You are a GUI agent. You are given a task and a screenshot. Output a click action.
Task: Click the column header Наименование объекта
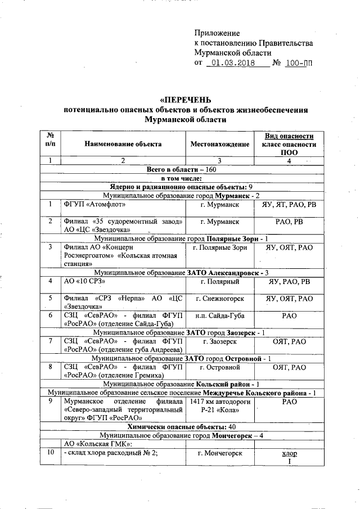123,144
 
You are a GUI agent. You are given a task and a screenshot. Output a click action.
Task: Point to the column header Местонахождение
220,144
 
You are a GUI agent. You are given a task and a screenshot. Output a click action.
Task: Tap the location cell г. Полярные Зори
220,247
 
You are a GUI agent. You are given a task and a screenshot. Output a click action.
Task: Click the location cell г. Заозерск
220,341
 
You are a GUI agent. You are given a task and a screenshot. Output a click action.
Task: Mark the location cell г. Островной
220,367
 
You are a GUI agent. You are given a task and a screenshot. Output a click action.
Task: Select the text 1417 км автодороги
220,402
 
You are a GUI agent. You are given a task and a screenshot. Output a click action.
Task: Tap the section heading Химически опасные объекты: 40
181,426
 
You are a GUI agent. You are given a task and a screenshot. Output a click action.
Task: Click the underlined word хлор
289,453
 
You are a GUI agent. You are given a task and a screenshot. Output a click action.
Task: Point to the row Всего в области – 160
181,169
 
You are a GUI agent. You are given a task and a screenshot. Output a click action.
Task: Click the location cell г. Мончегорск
220,453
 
